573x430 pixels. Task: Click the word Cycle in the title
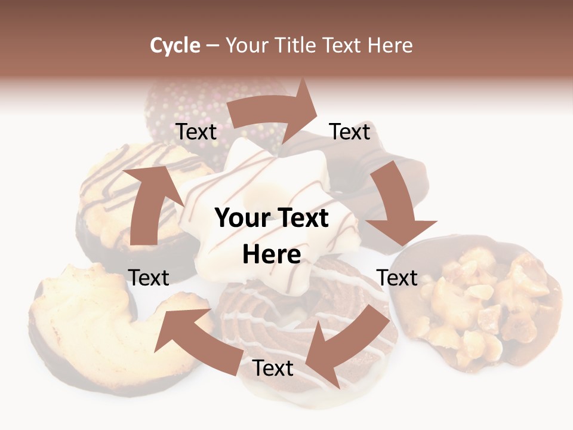(175, 45)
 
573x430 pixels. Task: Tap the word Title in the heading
(297, 45)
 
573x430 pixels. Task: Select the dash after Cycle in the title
(212, 45)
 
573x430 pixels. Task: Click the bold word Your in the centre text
(242, 219)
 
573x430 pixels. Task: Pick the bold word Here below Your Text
(271, 254)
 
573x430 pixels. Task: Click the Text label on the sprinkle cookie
(196, 132)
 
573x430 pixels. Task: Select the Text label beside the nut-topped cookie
(397, 278)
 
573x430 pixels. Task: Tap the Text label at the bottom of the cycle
(273, 368)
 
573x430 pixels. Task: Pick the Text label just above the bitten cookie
(149, 278)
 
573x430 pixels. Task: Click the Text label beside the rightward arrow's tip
(350, 132)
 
